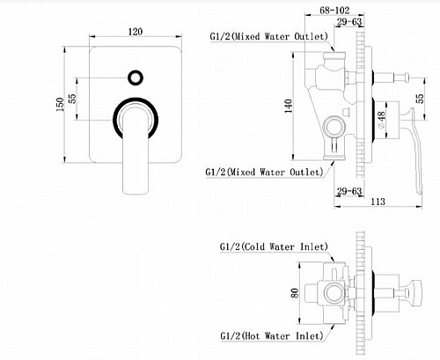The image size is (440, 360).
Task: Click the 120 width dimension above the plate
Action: (136, 32)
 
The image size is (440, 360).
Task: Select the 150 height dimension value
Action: (60, 105)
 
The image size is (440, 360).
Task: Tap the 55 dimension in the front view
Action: (72, 99)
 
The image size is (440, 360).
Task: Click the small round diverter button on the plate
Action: (136, 78)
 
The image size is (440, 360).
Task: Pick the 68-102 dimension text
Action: (334, 11)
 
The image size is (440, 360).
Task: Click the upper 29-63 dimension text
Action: (349, 22)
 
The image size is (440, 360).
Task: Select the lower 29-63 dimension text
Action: (349, 191)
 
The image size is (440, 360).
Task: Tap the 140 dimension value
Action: (289, 106)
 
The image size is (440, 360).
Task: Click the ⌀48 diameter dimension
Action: (381, 120)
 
